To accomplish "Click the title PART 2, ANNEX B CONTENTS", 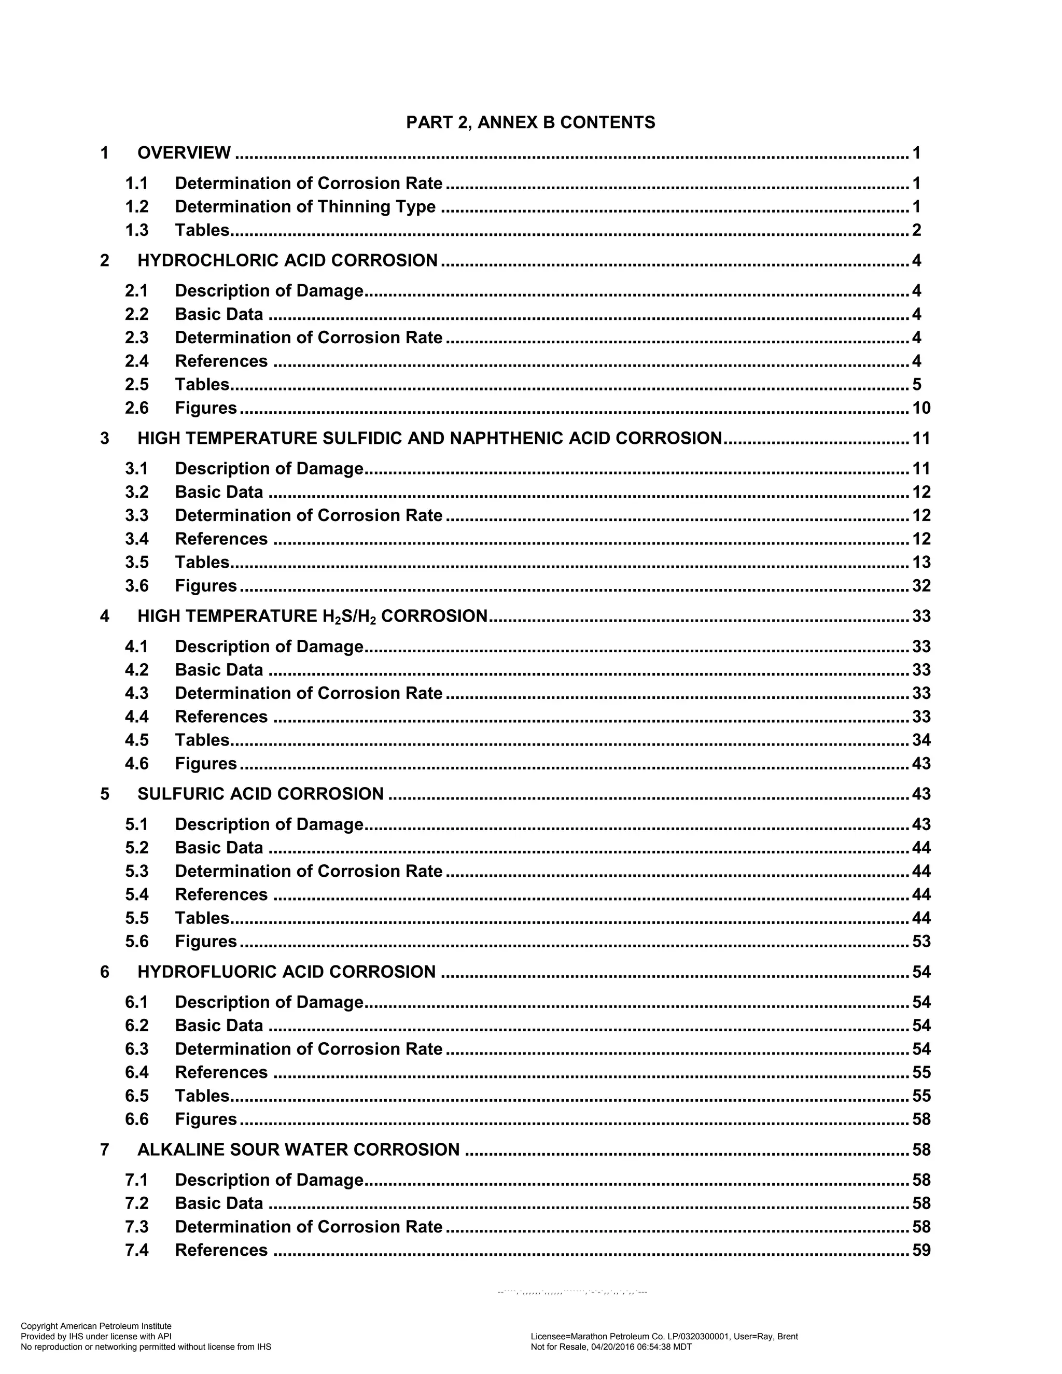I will tap(530, 122).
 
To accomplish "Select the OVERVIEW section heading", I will tap(184, 153).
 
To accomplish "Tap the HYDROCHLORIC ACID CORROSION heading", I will tap(287, 260).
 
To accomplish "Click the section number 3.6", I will tap(136, 586).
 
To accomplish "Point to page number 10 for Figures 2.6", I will tap(921, 408).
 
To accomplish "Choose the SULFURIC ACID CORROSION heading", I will tap(260, 794).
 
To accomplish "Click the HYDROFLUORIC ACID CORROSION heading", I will tap(286, 972).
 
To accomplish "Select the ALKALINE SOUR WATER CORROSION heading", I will tap(298, 1150).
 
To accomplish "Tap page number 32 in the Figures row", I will tap(921, 586).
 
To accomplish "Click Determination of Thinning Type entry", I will tap(305, 206).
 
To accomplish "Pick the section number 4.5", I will tap(136, 740).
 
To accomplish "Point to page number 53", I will tap(921, 941).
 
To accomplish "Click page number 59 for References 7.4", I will tap(921, 1250).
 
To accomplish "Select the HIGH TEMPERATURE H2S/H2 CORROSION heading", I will tap(312, 616).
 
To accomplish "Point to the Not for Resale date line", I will tap(611, 1347).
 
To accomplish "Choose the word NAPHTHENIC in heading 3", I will tap(496, 439).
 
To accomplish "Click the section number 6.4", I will tap(136, 1072).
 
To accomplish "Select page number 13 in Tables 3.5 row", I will tap(921, 563).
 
